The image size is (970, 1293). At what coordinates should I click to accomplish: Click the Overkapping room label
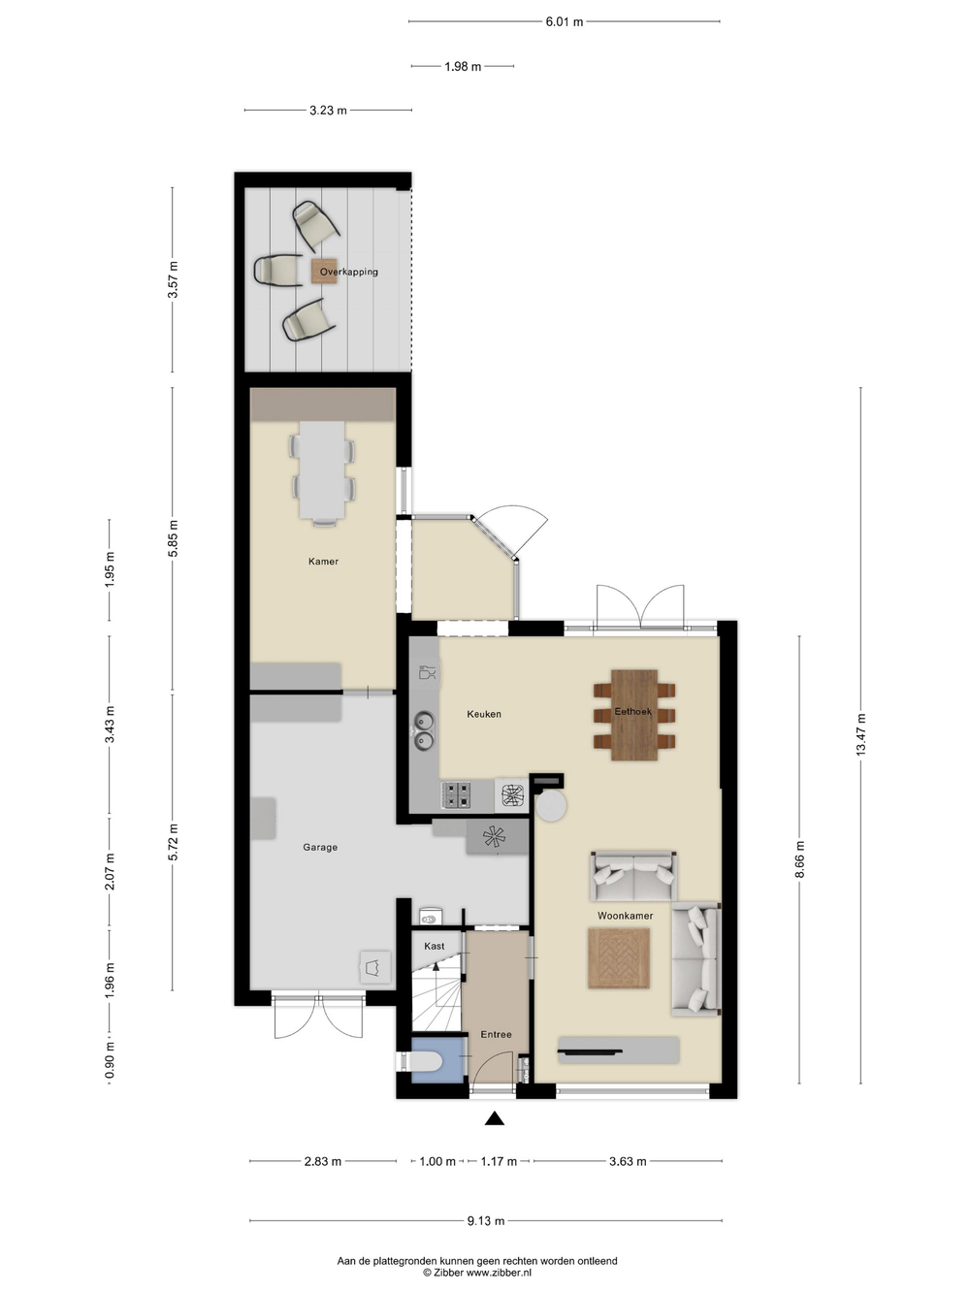point(348,272)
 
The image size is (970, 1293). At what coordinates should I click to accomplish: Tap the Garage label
point(320,848)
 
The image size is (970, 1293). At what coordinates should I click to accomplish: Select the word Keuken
point(484,714)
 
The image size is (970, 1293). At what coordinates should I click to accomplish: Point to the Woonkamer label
point(625,916)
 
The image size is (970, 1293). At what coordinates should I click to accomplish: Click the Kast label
point(435,947)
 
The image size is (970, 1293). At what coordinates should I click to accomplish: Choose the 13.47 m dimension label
point(861,734)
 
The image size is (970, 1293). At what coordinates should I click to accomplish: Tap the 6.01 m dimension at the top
point(565,21)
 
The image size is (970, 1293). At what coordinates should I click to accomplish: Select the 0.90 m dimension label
point(110,1061)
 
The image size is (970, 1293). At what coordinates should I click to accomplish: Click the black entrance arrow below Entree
point(495,1118)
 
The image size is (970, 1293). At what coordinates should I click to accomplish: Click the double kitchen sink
point(424,730)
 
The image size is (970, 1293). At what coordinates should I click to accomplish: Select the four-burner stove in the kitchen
point(457,794)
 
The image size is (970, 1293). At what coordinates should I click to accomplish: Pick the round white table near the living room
point(551,806)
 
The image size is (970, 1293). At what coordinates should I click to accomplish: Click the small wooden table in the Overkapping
point(325,271)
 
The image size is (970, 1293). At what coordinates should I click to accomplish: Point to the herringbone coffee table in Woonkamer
point(619,957)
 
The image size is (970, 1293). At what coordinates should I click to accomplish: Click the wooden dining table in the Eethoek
point(634,715)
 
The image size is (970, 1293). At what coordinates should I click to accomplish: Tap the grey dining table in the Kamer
point(322,470)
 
